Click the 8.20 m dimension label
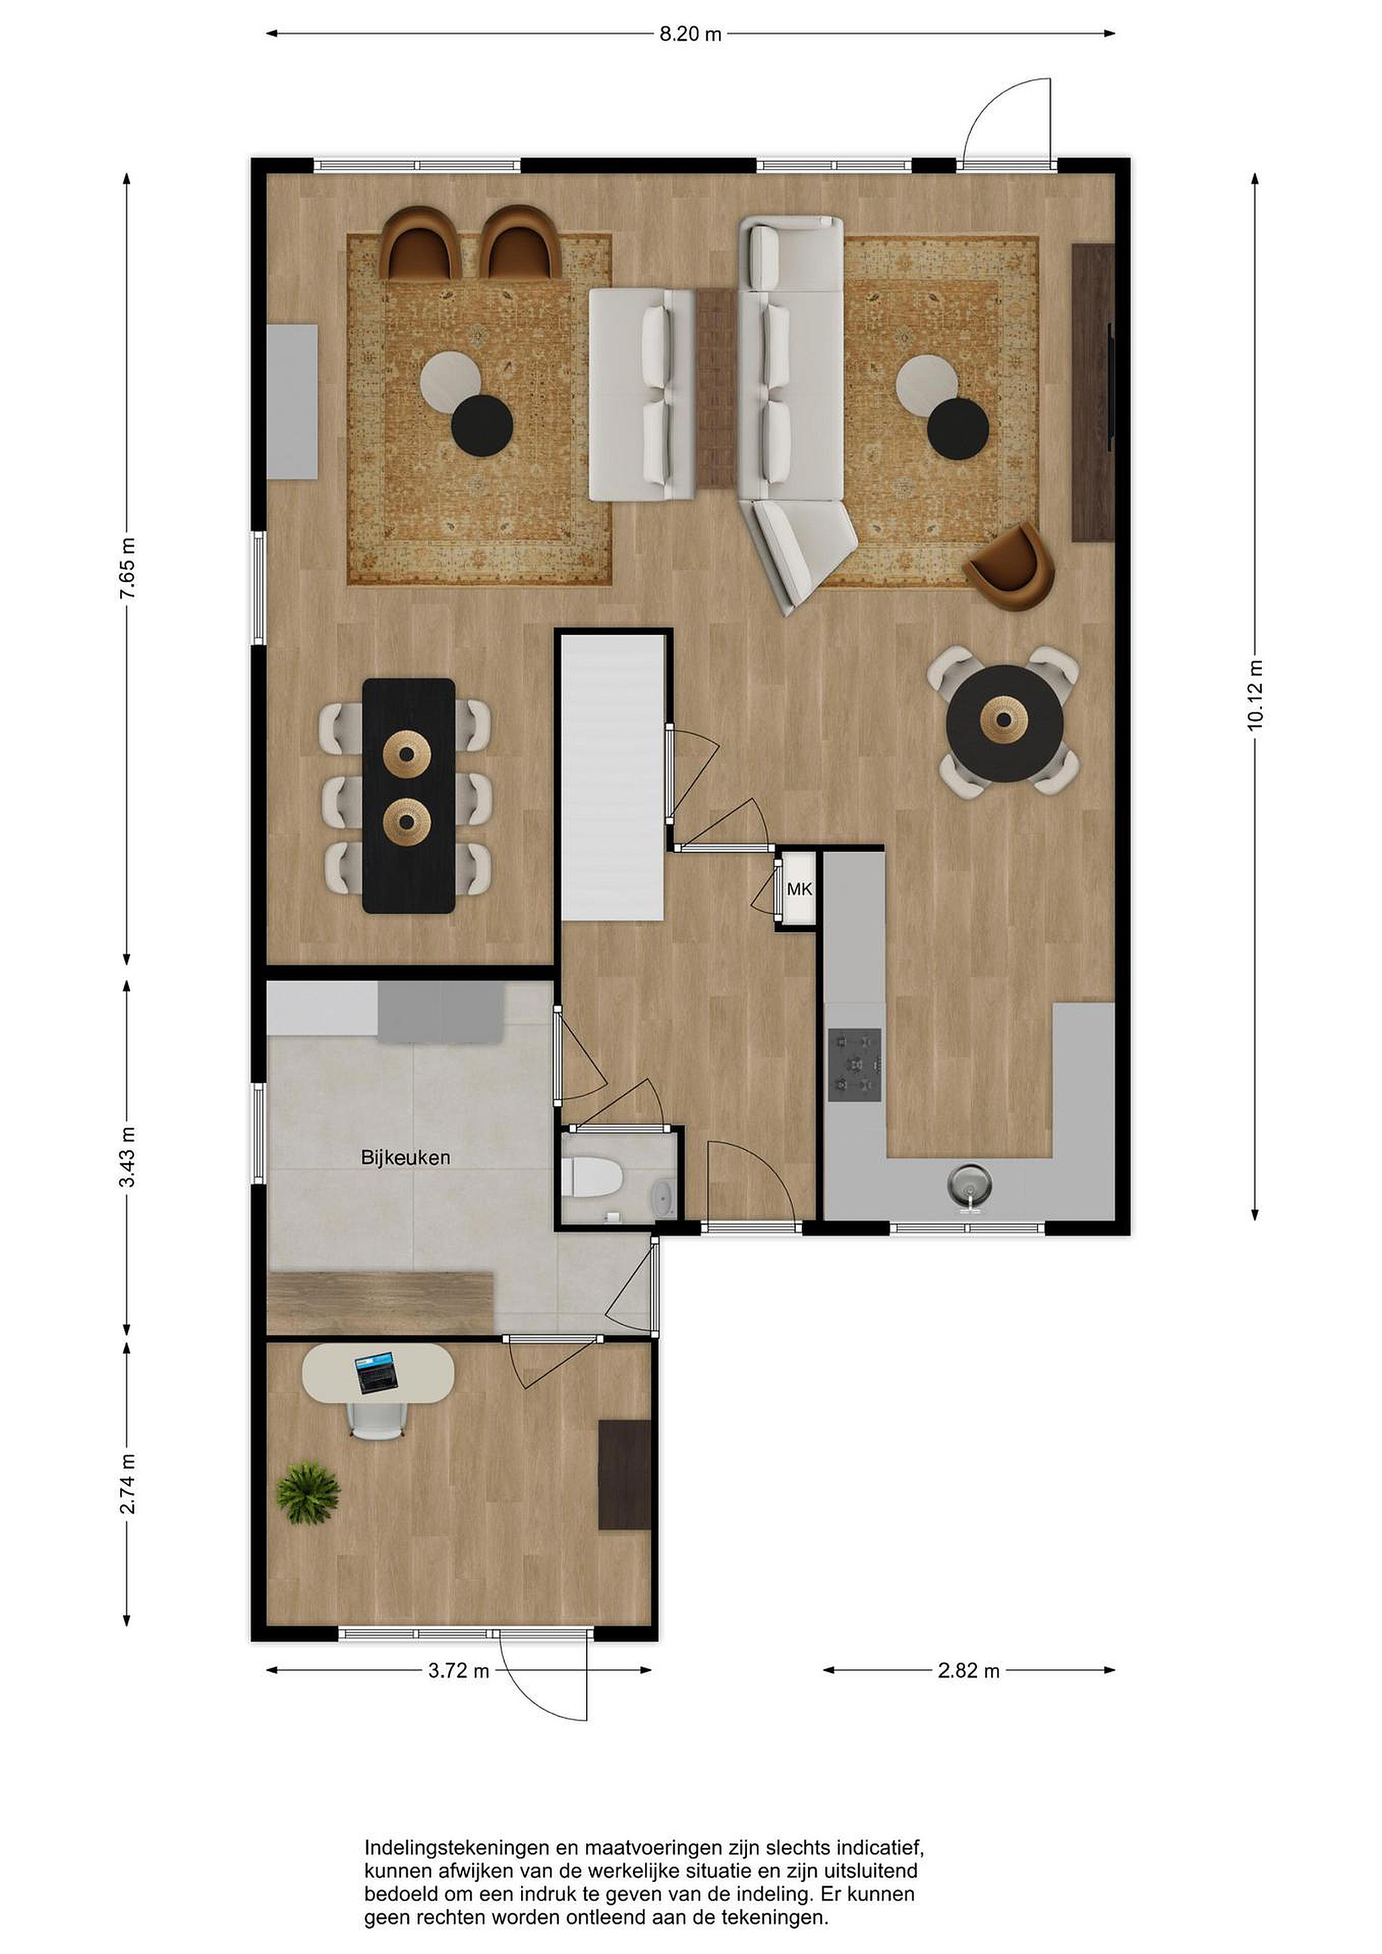pyautogui.click(x=690, y=34)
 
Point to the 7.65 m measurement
pyautogui.click(x=127, y=569)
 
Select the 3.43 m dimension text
pyautogui.click(x=127, y=1157)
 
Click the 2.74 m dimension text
pyautogui.click(x=127, y=1484)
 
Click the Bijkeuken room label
pyautogui.click(x=405, y=1157)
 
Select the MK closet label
pyautogui.click(x=799, y=889)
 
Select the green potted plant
pyautogui.click(x=307, y=1492)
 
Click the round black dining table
pyautogui.click(x=1004, y=723)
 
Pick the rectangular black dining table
pyautogui.click(x=408, y=796)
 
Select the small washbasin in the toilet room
pyautogui.click(x=662, y=1199)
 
